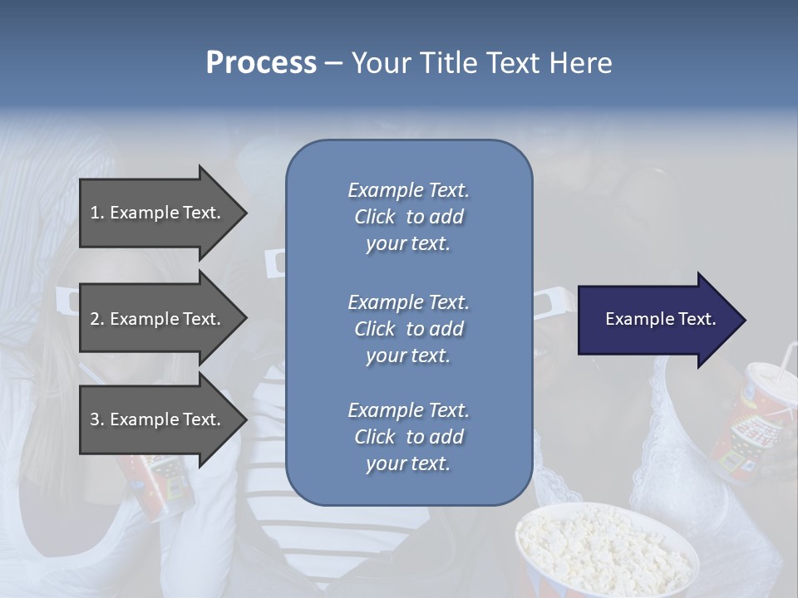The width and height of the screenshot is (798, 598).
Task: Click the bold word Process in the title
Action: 261,63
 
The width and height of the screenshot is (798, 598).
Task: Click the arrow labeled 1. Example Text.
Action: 158,213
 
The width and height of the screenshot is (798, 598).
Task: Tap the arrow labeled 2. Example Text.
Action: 158,319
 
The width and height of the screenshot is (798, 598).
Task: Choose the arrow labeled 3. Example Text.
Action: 158,419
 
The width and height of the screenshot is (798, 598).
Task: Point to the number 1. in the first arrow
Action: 97,213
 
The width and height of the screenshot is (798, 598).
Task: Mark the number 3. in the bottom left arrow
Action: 97,419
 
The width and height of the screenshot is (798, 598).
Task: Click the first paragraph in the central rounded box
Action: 408,217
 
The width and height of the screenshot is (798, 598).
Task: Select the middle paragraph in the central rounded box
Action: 408,329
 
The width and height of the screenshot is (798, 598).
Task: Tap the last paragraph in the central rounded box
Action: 408,437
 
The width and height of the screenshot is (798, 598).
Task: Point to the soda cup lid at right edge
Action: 773,378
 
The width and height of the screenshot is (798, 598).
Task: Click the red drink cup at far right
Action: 761,424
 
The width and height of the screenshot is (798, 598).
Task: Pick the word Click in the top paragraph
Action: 375,217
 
